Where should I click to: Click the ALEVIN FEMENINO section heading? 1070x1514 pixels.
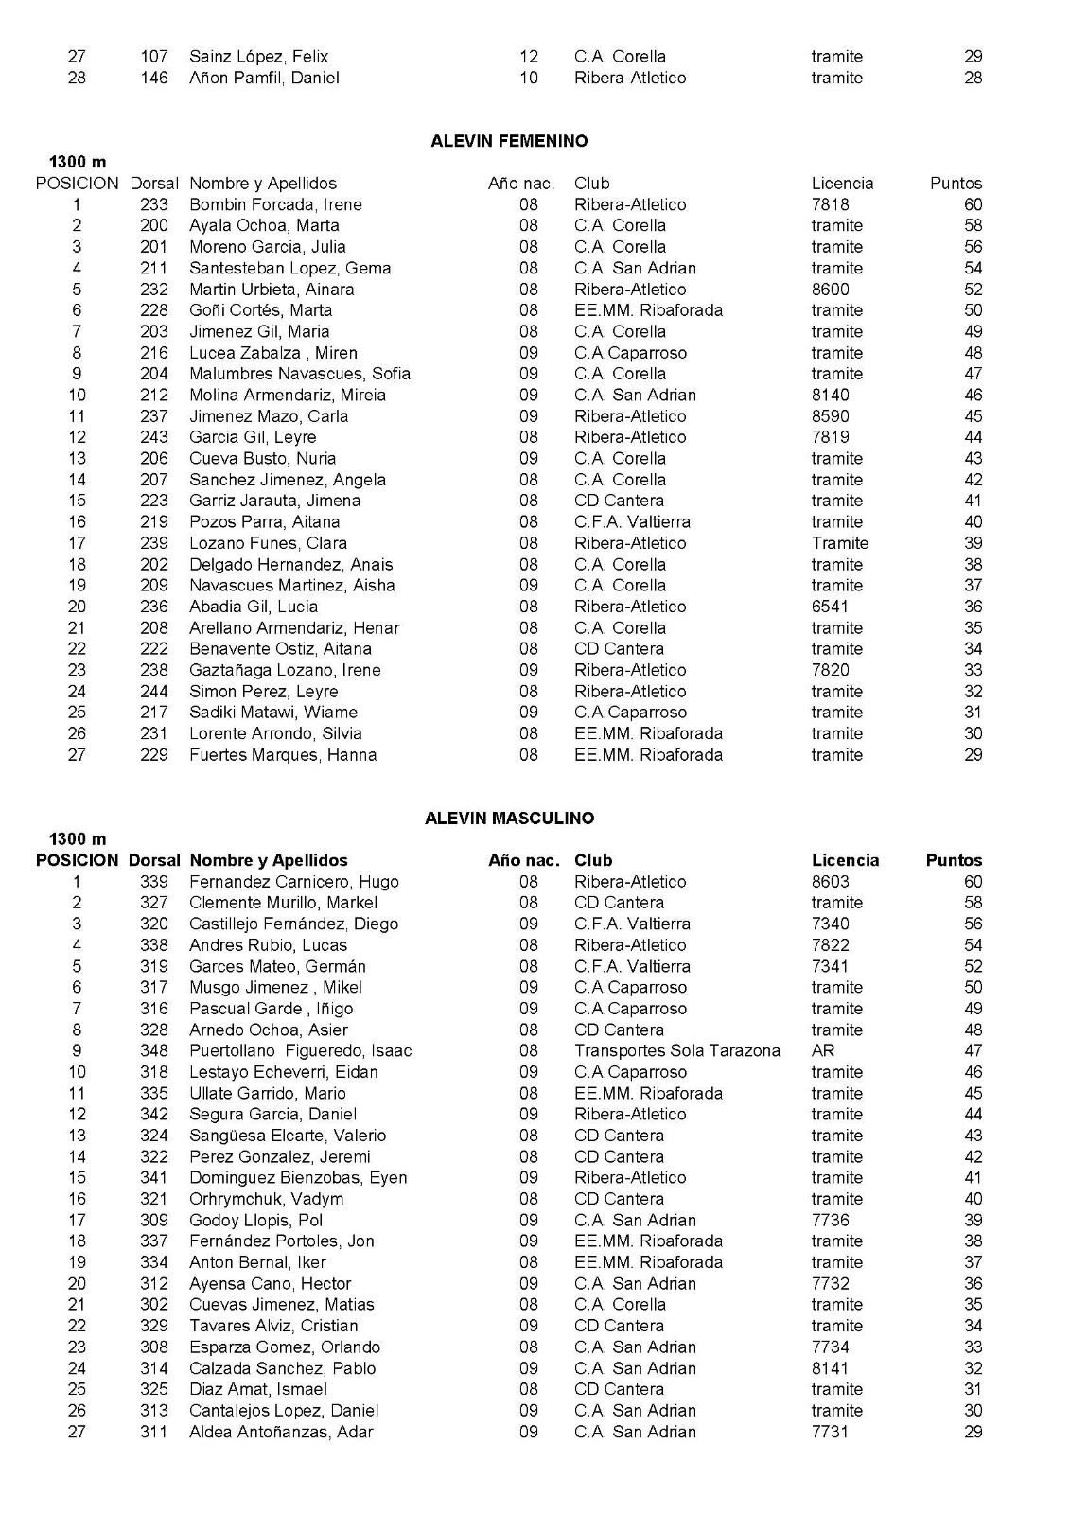click(509, 141)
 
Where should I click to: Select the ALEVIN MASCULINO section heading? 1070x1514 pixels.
click(509, 819)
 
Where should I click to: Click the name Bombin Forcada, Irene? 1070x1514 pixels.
click(275, 204)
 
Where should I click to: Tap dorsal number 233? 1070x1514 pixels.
click(153, 204)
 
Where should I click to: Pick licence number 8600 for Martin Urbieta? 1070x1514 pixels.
click(831, 290)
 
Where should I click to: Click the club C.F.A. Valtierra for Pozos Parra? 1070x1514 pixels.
click(632, 521)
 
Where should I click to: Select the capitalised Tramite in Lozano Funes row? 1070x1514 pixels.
click(840, 543)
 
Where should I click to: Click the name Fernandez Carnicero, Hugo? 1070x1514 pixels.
click(294, 882)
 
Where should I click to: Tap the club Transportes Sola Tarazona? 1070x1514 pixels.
click(677, 1050)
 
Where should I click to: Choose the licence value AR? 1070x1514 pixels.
click(823, 1050)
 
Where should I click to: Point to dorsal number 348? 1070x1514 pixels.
click(153, 1050)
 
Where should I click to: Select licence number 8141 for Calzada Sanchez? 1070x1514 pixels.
click(831, 1368)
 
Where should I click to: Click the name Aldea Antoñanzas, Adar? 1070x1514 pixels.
click(281, 1432)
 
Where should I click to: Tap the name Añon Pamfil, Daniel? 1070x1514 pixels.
click(264, 78)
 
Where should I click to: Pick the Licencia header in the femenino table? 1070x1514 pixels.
click(842, 184)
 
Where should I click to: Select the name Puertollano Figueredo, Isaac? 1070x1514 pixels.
click(301, 1050)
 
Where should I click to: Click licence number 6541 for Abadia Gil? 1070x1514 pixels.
click(831, 607)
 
